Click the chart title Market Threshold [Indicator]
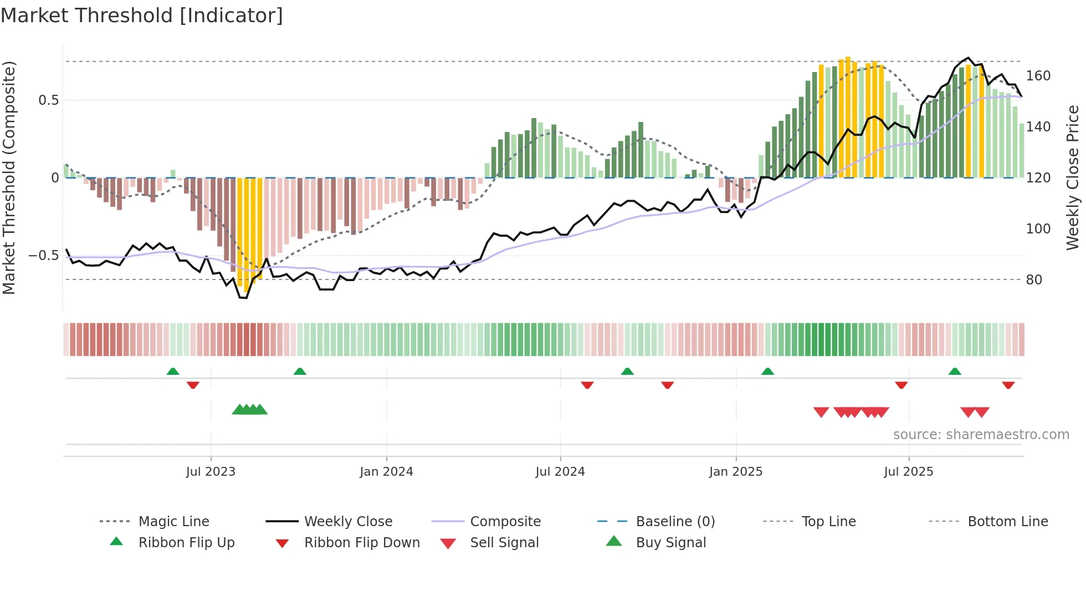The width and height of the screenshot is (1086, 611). point(142,16)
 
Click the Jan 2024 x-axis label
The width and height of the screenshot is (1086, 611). point(386,471)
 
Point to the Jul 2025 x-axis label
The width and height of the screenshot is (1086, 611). point(908,471)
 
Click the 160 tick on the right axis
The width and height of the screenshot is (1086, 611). point(1038,75)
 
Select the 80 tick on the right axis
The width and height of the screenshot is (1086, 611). point(1033,279)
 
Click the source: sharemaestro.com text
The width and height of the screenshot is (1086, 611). point(981,434)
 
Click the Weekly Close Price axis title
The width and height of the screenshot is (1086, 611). point(1073,177)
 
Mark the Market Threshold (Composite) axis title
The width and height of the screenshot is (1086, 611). point(9,177)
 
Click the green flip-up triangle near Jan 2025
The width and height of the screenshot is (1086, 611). point(767,371)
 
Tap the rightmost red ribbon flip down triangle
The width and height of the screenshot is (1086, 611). point(1008,385)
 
